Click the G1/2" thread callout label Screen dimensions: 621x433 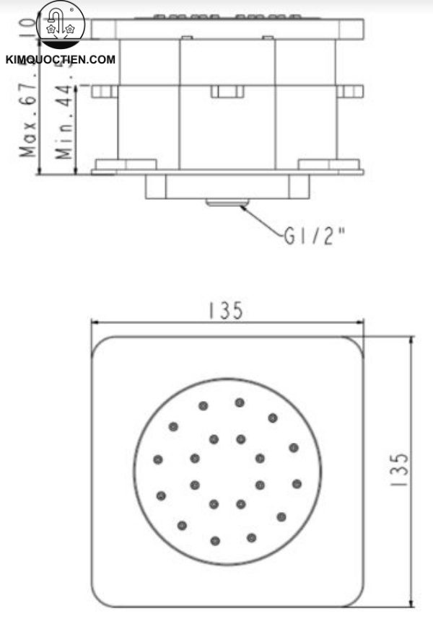315,237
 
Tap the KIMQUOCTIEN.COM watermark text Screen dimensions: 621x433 60,60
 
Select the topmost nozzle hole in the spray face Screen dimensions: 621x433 240,402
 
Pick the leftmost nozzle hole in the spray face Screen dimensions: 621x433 157,459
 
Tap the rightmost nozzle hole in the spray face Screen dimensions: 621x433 297,483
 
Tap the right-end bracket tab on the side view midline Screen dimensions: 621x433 349,91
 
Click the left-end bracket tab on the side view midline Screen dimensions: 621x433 105,92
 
